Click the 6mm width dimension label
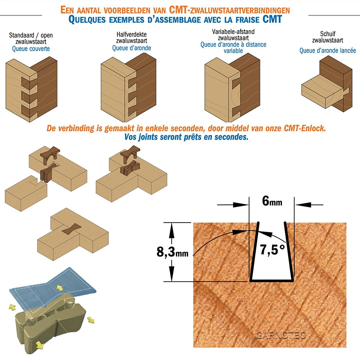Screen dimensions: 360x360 pyautogui.click(x=272, y=201)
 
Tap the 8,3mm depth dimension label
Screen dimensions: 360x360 pyautogui.click(x=172, y=252)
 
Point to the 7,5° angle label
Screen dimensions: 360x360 pyautogui.click(x=273, y=249)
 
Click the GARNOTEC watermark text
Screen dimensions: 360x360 pyautogui.click(x=280, y=336)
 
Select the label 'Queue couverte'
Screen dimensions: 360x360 pyautogui.click(x=31, y=49)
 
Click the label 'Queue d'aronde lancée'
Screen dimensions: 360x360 pyautogui.click(x=328, y=50)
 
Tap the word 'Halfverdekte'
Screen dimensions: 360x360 pyautogui.click(x=131, y=35)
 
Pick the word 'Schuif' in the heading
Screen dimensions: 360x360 pyautogui.click(x=328, y=34)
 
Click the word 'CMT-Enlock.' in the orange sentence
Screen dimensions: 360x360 pyautogui.click(x=305, y=128)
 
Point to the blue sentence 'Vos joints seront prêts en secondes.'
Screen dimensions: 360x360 pyautogui.click(x=186, y=137)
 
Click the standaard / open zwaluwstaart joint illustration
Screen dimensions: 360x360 pyautogui.click(x=31, y=90)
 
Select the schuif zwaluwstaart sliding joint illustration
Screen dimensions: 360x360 pyautogui.click(x=327, y=84)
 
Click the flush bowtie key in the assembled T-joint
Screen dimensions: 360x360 pyautogui.click(x=72, y=229)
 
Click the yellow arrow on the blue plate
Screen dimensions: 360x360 pyautogui.click(x=60, y=288)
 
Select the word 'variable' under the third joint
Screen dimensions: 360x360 pyautogui.click(x=233, y=51)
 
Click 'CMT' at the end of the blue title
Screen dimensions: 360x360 pyautogui.click(x=272, y=19)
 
